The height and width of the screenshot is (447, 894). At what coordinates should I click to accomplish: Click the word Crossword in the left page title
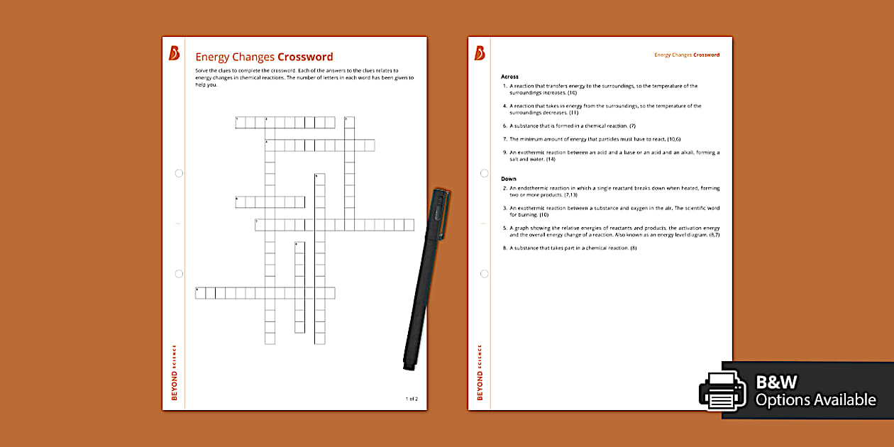point(305,57)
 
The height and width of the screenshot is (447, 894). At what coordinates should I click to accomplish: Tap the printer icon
point(722,390)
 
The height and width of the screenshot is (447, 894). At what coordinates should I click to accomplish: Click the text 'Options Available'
point(815,400)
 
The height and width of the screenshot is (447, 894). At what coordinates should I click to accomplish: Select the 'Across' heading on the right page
point(509,76)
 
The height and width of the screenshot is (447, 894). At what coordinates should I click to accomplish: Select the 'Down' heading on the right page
point(508,179)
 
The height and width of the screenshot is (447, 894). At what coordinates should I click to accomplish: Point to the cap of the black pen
point(438,213)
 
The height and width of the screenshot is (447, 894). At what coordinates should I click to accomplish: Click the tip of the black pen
point(409,368)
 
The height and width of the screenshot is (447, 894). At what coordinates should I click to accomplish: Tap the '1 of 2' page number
point(412,399)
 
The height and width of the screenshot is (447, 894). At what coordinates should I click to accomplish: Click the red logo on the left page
point(174,53)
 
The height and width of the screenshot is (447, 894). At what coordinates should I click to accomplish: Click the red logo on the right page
point(480,53)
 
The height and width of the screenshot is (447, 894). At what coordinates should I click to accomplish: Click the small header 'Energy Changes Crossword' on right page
point(686,55)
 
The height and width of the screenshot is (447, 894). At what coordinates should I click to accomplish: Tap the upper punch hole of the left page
point(179,173)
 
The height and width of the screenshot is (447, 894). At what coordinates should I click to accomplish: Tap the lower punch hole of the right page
point(485,273)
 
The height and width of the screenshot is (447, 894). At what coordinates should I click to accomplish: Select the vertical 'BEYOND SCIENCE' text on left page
point(175,372)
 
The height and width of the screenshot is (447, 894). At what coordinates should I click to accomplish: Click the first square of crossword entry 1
point(241,123)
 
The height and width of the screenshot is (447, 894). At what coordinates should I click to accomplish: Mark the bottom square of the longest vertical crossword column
point(270,338)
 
